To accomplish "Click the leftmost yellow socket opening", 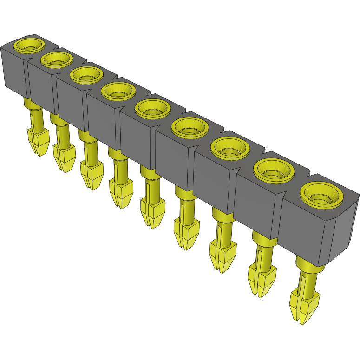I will [x=29, y=45].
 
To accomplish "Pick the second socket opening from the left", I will [x=57, y=59].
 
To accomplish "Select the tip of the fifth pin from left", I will [x=151, y=224].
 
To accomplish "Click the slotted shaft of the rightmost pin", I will [x=307, y=281].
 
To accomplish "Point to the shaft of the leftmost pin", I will [x=37, y=118].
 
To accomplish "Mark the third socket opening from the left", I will [x=86, y=74].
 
